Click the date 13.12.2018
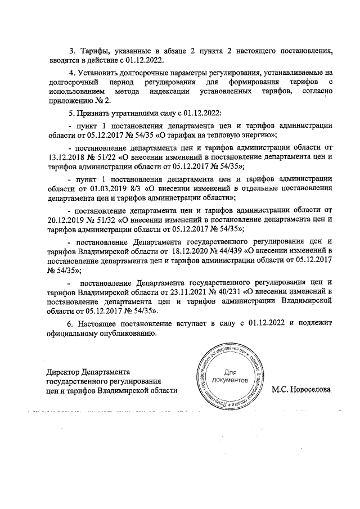(x=69, y=157)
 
